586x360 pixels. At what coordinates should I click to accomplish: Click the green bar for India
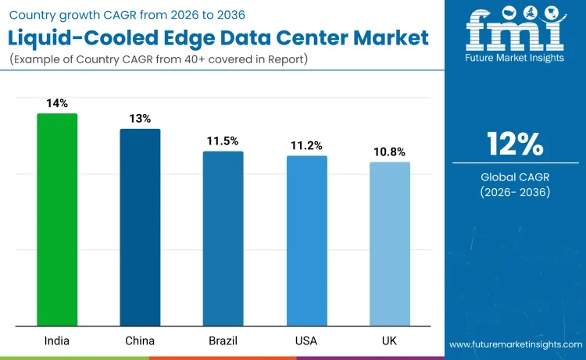click(57, 219)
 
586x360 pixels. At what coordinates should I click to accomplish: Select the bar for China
click(140, 227)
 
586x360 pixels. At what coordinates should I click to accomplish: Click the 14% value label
click(57, 102)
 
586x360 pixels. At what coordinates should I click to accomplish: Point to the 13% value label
click(140, 118)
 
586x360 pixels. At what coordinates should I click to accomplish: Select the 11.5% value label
click(223, 141)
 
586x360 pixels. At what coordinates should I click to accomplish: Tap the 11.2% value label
click(306, 145)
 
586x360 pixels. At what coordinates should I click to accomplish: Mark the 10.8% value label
click(389, 151)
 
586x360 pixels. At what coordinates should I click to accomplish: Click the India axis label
click(57, 340)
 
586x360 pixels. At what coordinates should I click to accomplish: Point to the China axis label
click(140, 340)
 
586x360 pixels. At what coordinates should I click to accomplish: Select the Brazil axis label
click(223, 340)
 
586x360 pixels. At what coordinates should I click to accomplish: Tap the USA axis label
click(306, 340)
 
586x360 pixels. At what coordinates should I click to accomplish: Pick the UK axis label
click(389, 340)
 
